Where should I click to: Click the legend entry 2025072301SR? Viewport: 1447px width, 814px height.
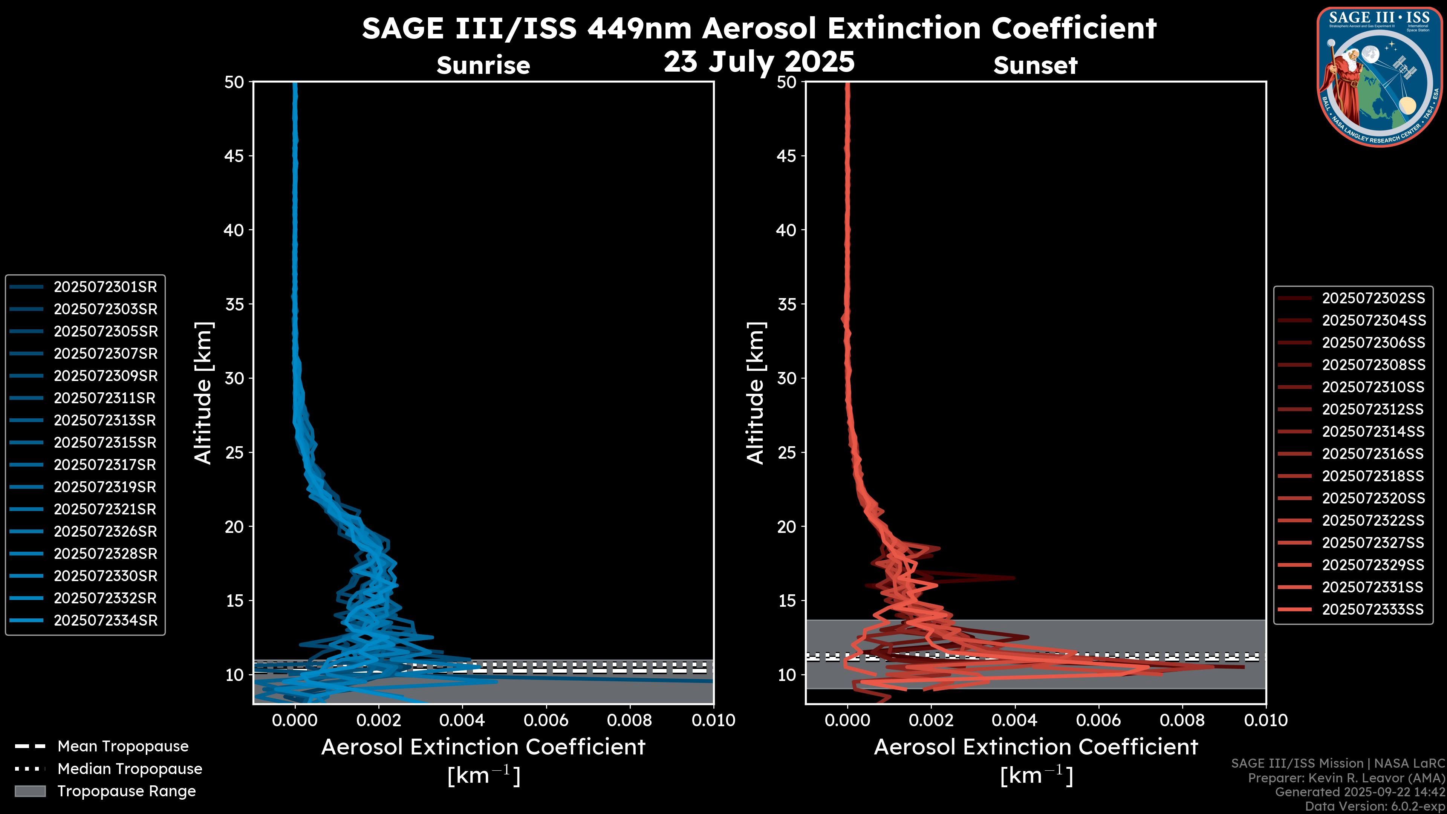[x=105, y=287]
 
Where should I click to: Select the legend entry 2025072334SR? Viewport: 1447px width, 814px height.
[x=105, y=621]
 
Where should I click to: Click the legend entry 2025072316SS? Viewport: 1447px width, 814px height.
[x=1372, y=454]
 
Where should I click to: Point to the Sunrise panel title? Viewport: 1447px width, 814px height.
[x=483, y=66]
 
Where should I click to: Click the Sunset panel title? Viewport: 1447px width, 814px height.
[x=1035, y=66]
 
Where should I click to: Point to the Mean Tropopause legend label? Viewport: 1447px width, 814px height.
[x=123, y=747]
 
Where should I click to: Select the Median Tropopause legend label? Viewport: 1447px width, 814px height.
[x=130, y=769]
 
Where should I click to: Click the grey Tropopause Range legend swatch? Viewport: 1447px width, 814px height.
[x=30, y=791]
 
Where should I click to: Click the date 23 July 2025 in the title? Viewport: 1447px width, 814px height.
[x=759, y=62]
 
